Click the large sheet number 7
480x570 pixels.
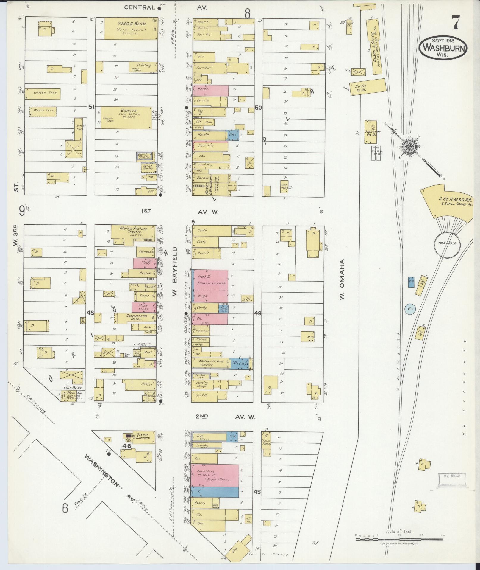[455, 23]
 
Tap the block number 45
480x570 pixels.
[257, 492]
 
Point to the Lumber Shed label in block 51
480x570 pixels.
[43, 93]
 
